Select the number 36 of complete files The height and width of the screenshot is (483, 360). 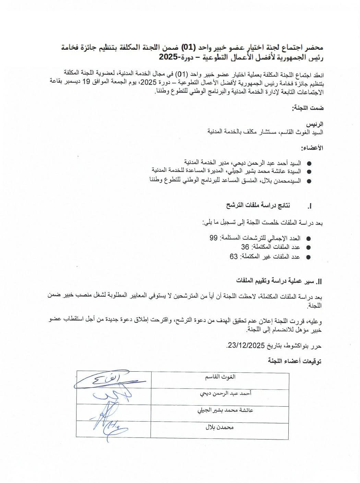tap(245, 247)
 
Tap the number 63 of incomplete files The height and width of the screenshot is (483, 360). tap(234, 256)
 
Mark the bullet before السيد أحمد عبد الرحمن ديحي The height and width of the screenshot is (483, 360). tap(309, 164)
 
